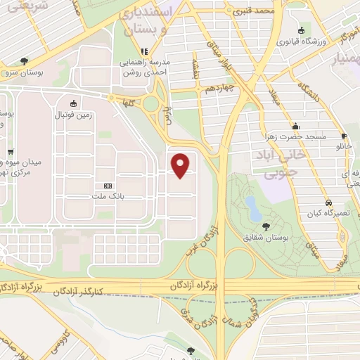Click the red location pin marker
point(181,165)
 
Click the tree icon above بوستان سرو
point(25,61)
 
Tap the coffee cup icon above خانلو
point(344,136)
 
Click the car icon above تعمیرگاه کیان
point(328,200)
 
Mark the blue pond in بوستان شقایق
point(251,206)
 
